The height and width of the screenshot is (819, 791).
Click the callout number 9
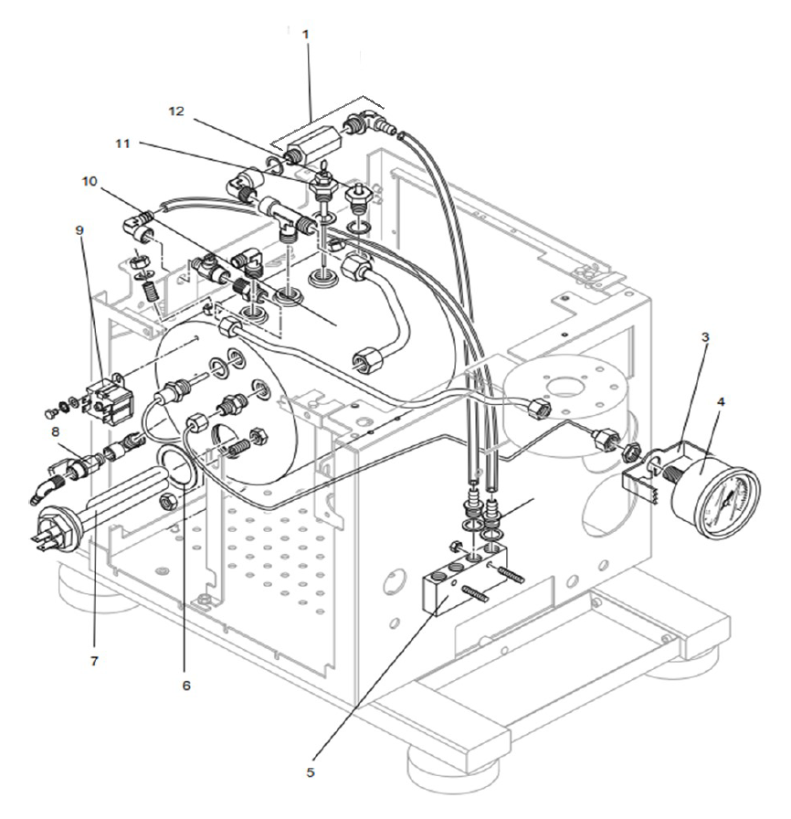click(81, 231)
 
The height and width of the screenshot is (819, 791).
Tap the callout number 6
click(187, 684)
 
